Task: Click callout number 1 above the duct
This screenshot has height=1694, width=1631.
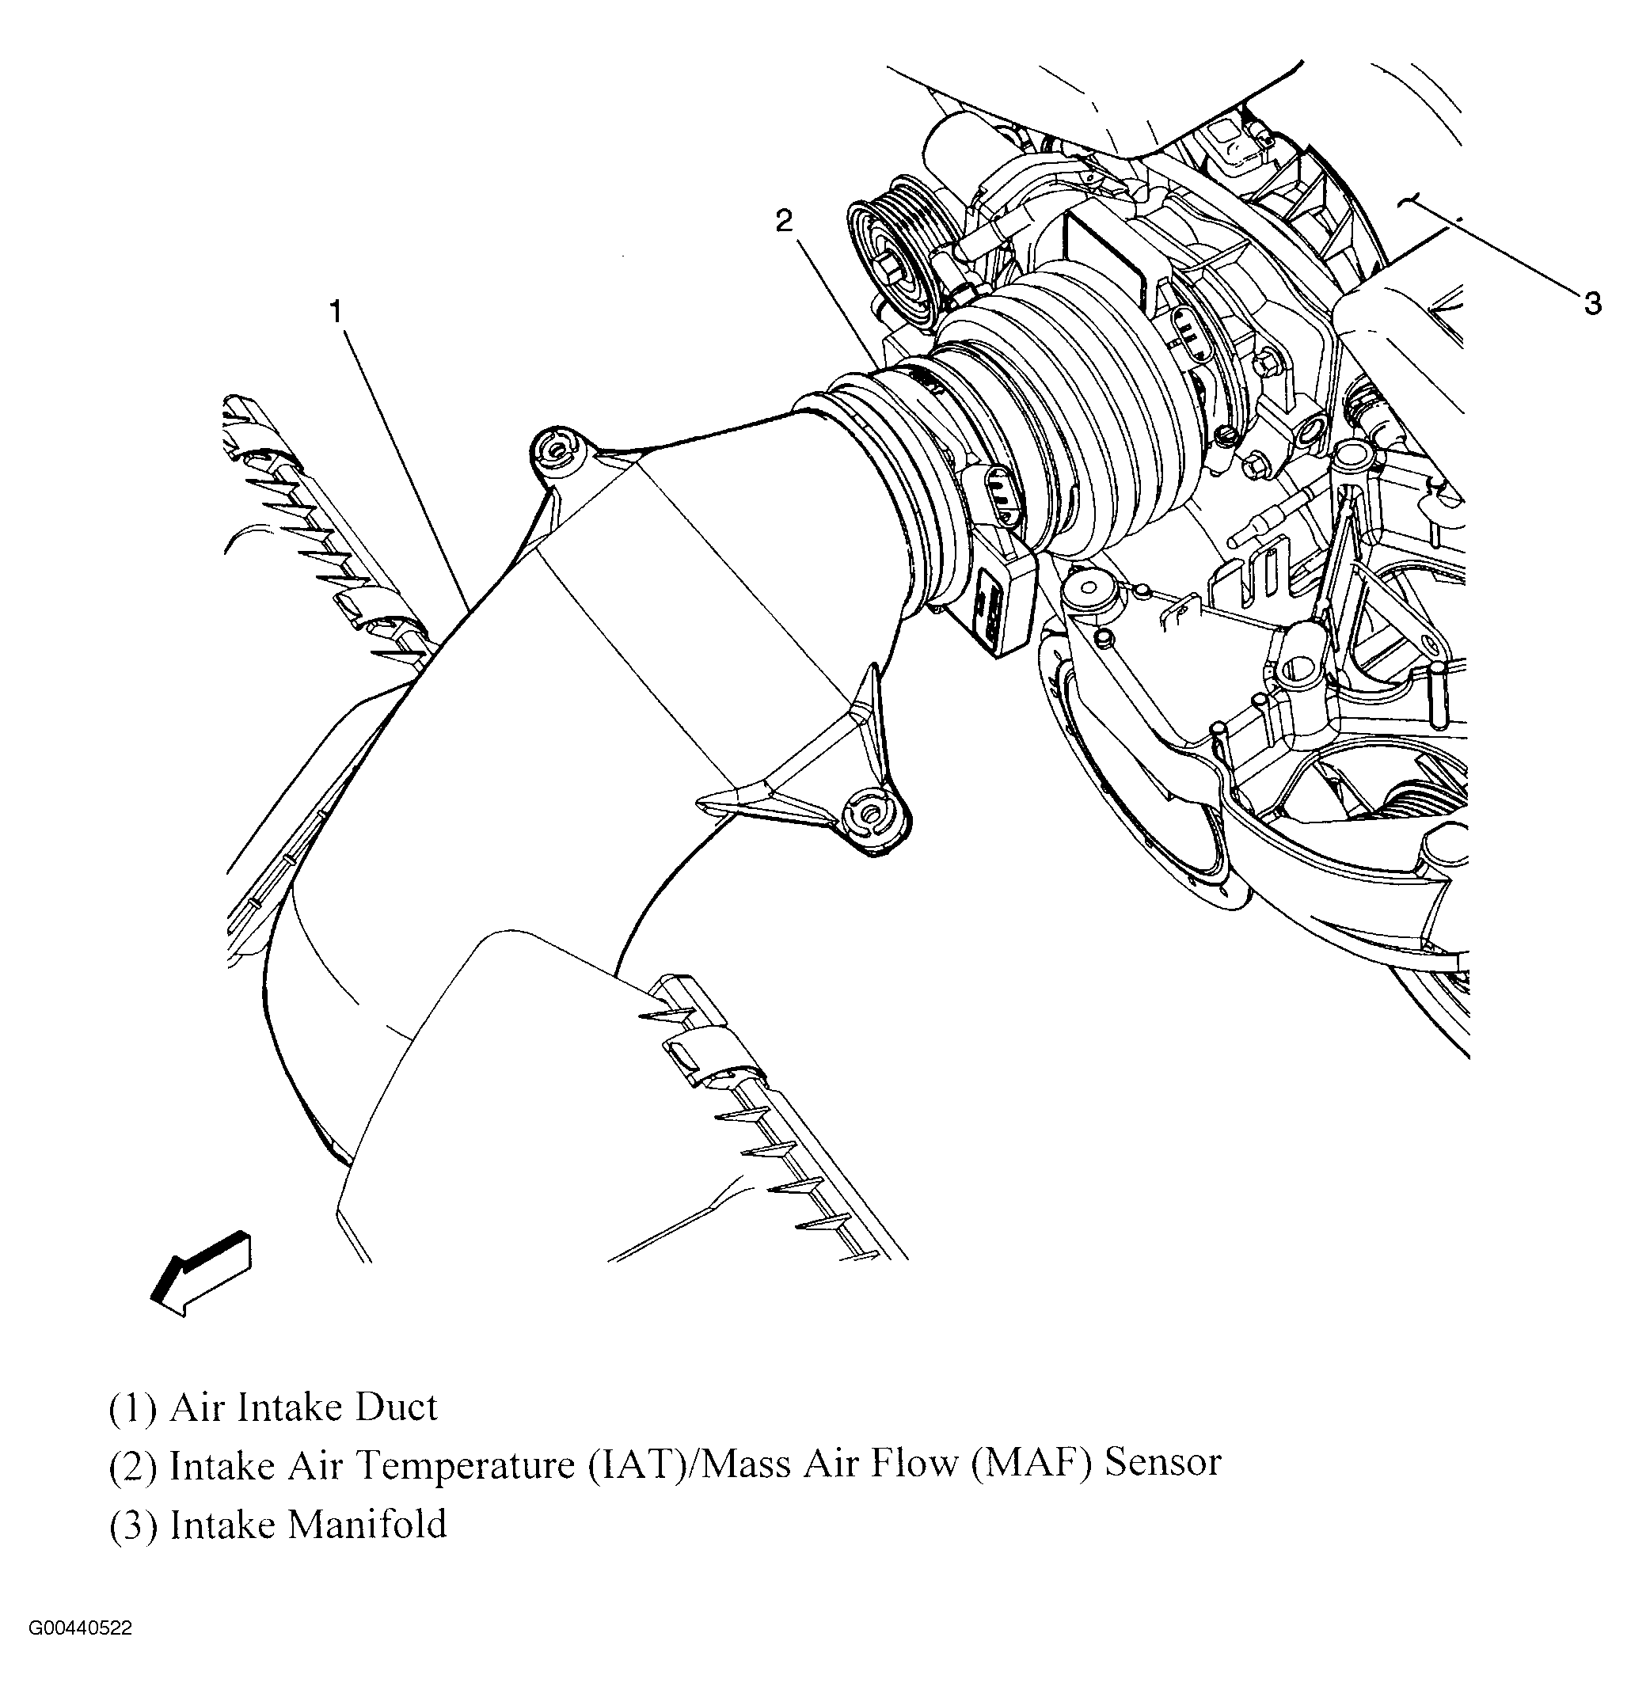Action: (336, 312)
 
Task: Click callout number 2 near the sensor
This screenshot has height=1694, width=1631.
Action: (783, 222)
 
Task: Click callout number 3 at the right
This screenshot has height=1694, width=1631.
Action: (1592, 303)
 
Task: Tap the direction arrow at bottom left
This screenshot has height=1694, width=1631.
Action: (200, 1274)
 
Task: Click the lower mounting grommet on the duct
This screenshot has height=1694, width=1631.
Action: (870, 815)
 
